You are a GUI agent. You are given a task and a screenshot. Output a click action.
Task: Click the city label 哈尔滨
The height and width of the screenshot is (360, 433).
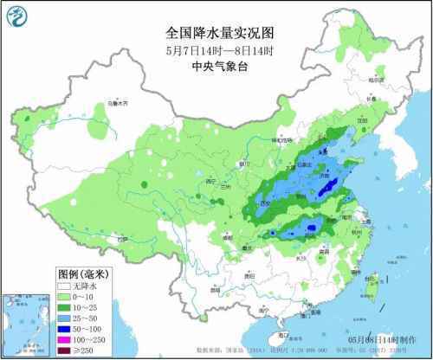click(374, 80)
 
